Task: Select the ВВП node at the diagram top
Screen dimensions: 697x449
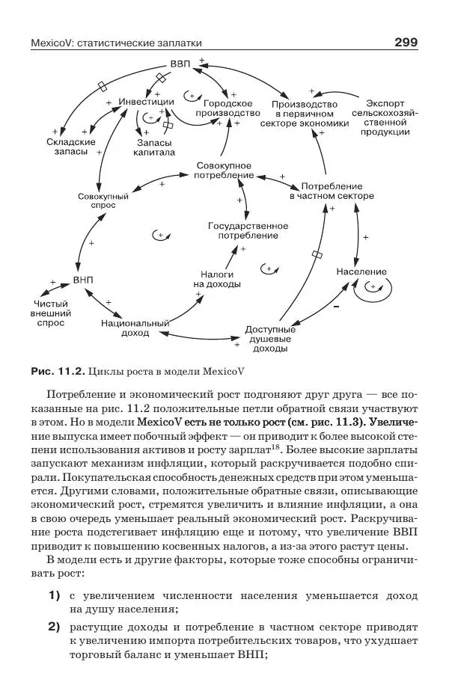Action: point(180,65)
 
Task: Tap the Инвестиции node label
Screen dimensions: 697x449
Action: point(147,101)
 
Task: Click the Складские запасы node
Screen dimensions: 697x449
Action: point(70,146)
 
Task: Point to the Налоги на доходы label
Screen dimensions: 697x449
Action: point(217,279)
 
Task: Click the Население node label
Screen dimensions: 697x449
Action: point(361,271)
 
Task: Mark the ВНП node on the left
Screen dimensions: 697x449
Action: point(83,280)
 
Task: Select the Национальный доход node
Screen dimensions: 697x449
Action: point(135,328)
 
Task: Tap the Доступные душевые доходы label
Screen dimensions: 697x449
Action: point(271,338)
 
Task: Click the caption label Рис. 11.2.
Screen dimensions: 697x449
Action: point(57,369)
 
